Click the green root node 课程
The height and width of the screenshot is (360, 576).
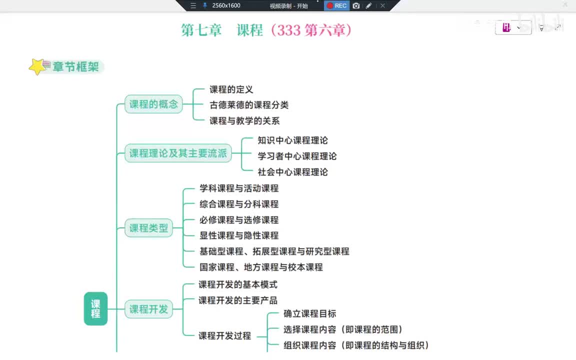click(95, 308)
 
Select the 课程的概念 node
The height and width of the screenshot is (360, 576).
click(153, 104)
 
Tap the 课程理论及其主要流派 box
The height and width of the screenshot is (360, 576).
click(178, 153)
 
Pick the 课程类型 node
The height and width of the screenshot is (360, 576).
click(148, 228)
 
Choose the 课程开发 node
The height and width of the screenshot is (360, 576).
click(148, 309)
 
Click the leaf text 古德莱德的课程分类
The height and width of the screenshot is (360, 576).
click(248, 105)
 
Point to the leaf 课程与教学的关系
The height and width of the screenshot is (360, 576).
click(244, 120)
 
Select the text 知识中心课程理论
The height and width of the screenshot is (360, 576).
click(292, 140)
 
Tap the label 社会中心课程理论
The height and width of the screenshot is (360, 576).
click(292, 172)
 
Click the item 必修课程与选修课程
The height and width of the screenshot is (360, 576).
click(238, 220)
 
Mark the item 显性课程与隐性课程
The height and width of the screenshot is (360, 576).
click(238, 235)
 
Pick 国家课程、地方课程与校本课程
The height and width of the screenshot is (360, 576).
click(260, 267)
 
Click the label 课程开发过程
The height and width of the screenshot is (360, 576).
click(224, 336)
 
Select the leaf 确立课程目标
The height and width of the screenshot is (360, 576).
click(309, 314)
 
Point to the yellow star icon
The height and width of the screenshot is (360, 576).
click(37, 66)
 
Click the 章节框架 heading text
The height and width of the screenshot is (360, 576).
click(75, 66)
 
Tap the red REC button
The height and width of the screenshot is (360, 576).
click(336, 5)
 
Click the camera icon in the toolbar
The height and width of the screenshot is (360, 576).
click(356, 5)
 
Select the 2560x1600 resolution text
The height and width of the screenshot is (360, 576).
click(226, 5)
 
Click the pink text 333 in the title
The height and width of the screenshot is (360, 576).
click(288, 30)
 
